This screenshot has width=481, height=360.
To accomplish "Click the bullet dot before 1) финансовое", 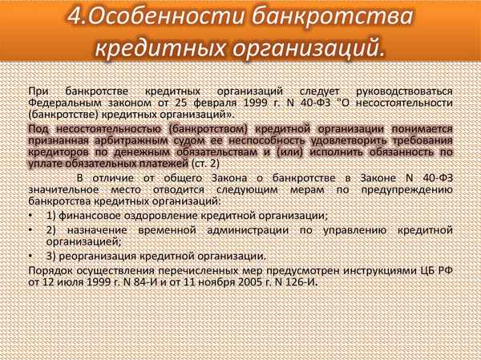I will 30,216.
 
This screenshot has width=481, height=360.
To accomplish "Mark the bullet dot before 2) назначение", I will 30,229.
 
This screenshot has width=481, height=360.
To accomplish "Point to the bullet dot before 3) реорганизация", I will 30,256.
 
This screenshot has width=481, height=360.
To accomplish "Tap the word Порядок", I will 49,270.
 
